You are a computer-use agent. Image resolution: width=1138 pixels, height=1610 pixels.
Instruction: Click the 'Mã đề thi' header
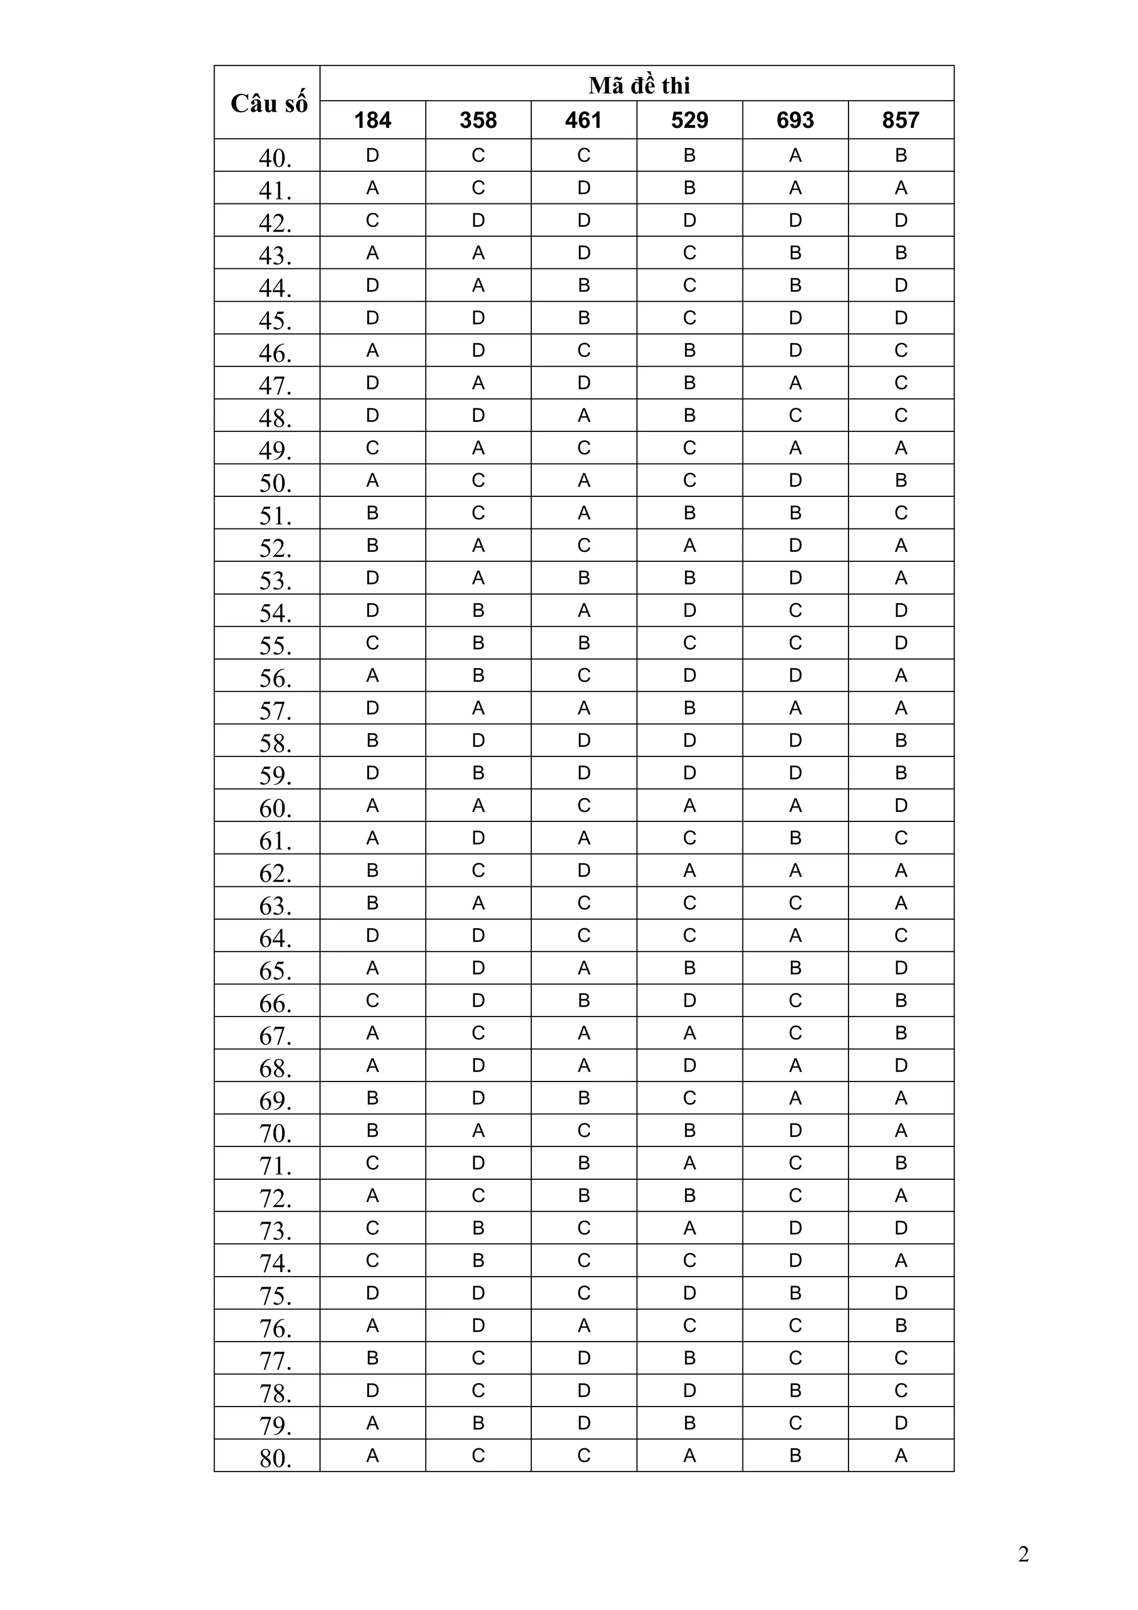[639, 86]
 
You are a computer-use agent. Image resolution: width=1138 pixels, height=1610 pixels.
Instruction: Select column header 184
[372, 121]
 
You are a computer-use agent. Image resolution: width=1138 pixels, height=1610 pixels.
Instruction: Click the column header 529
[689, 121]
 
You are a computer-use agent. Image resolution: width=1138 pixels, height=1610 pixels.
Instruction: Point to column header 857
[900, 121]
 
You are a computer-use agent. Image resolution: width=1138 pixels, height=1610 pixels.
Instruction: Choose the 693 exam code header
[795, 121]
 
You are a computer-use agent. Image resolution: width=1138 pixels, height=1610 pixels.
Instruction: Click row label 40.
[275, 158]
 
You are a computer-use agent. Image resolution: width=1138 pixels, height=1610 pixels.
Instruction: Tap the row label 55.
[275, 645]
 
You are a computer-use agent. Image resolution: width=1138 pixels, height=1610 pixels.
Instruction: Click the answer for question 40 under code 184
[372, 156]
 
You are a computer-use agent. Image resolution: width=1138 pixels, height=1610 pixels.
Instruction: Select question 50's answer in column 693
[795, 480]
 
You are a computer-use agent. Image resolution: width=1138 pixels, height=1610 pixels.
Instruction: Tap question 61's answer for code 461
[584, 838]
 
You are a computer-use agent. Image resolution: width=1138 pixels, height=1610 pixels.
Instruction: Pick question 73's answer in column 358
[478, 1228]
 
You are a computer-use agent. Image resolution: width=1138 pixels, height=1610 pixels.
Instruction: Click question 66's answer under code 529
[689, 1001]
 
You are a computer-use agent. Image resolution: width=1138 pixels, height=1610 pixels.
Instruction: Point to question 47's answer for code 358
[478, 383]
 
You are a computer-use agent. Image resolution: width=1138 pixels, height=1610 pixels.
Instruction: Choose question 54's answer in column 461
[584, 611]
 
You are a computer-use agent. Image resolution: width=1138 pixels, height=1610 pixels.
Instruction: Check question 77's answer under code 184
[372, 1358]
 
